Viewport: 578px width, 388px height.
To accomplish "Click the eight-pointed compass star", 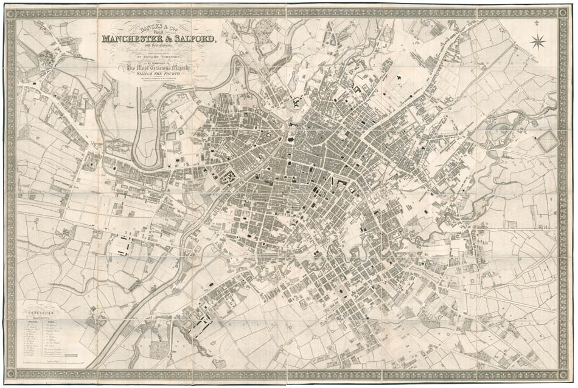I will (538, 41).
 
